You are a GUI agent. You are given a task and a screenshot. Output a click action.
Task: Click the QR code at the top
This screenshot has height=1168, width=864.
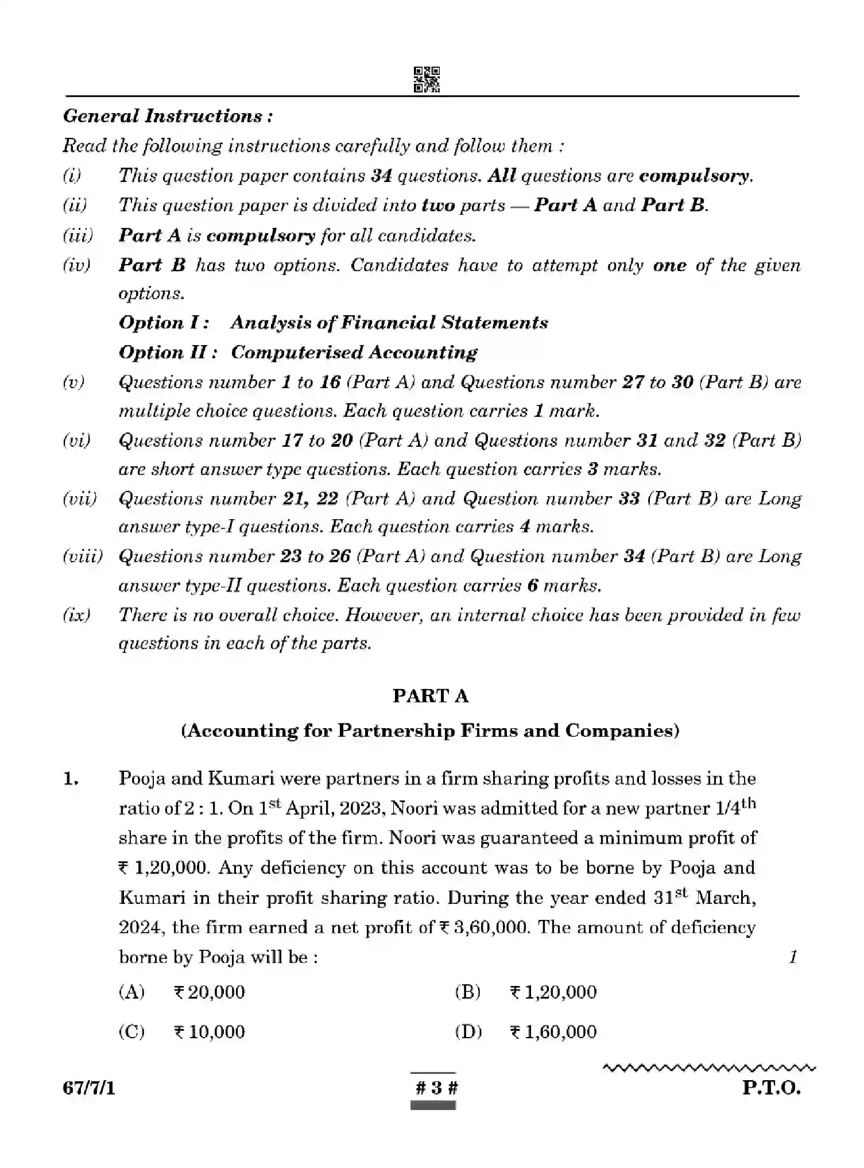coord(427,79)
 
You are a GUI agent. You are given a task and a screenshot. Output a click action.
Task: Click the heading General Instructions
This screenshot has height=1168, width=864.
coord(168,116)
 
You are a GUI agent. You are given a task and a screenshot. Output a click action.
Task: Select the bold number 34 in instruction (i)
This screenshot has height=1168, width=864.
coord(381,176)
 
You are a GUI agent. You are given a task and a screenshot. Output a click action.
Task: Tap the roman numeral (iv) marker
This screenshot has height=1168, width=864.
coord(76,265)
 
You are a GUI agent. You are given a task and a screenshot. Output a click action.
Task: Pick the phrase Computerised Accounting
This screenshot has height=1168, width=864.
coord(354,353)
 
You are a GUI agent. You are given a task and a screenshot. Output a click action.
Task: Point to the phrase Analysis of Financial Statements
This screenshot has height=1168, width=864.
coord(389,323)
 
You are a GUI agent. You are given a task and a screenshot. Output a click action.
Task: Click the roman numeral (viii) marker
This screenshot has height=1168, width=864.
coord(83,556)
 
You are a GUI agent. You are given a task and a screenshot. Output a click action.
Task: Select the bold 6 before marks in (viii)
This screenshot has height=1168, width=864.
coord(532,586)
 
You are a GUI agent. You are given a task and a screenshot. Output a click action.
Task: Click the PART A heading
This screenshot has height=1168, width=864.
coord(431,696)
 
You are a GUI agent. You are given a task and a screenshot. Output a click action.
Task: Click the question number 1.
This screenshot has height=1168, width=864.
coord(70,779)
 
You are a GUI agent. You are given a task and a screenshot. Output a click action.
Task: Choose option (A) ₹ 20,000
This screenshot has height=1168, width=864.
coord(182,992)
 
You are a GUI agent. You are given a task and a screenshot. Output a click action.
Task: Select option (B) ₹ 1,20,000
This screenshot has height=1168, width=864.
coord(526,992)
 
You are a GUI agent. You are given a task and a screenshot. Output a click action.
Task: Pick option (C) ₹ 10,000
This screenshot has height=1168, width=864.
coord(182,1031)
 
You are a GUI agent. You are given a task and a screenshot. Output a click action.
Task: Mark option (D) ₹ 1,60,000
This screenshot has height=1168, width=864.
coord(526,1031)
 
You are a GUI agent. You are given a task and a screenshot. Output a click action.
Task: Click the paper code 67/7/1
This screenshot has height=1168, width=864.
coord(89,1088)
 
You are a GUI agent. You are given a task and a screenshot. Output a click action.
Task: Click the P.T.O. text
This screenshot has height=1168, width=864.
coord(770,1088)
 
